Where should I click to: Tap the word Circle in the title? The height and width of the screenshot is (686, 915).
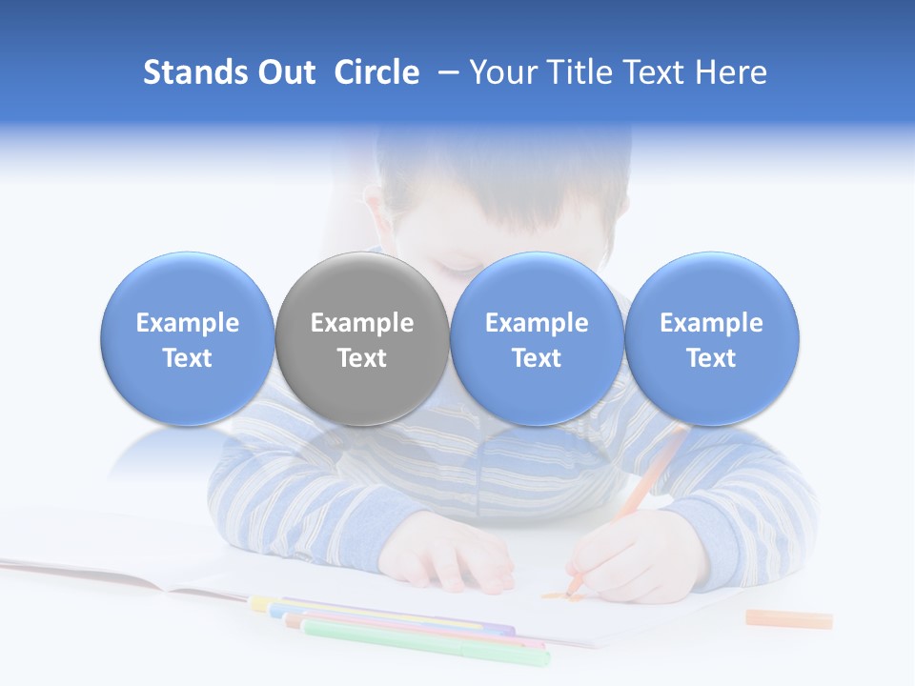point(376,72)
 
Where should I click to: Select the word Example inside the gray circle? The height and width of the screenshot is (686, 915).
point(362,323)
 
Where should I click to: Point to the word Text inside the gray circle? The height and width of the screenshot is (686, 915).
point(362,358)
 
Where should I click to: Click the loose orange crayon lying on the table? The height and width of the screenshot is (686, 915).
point(788,618)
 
